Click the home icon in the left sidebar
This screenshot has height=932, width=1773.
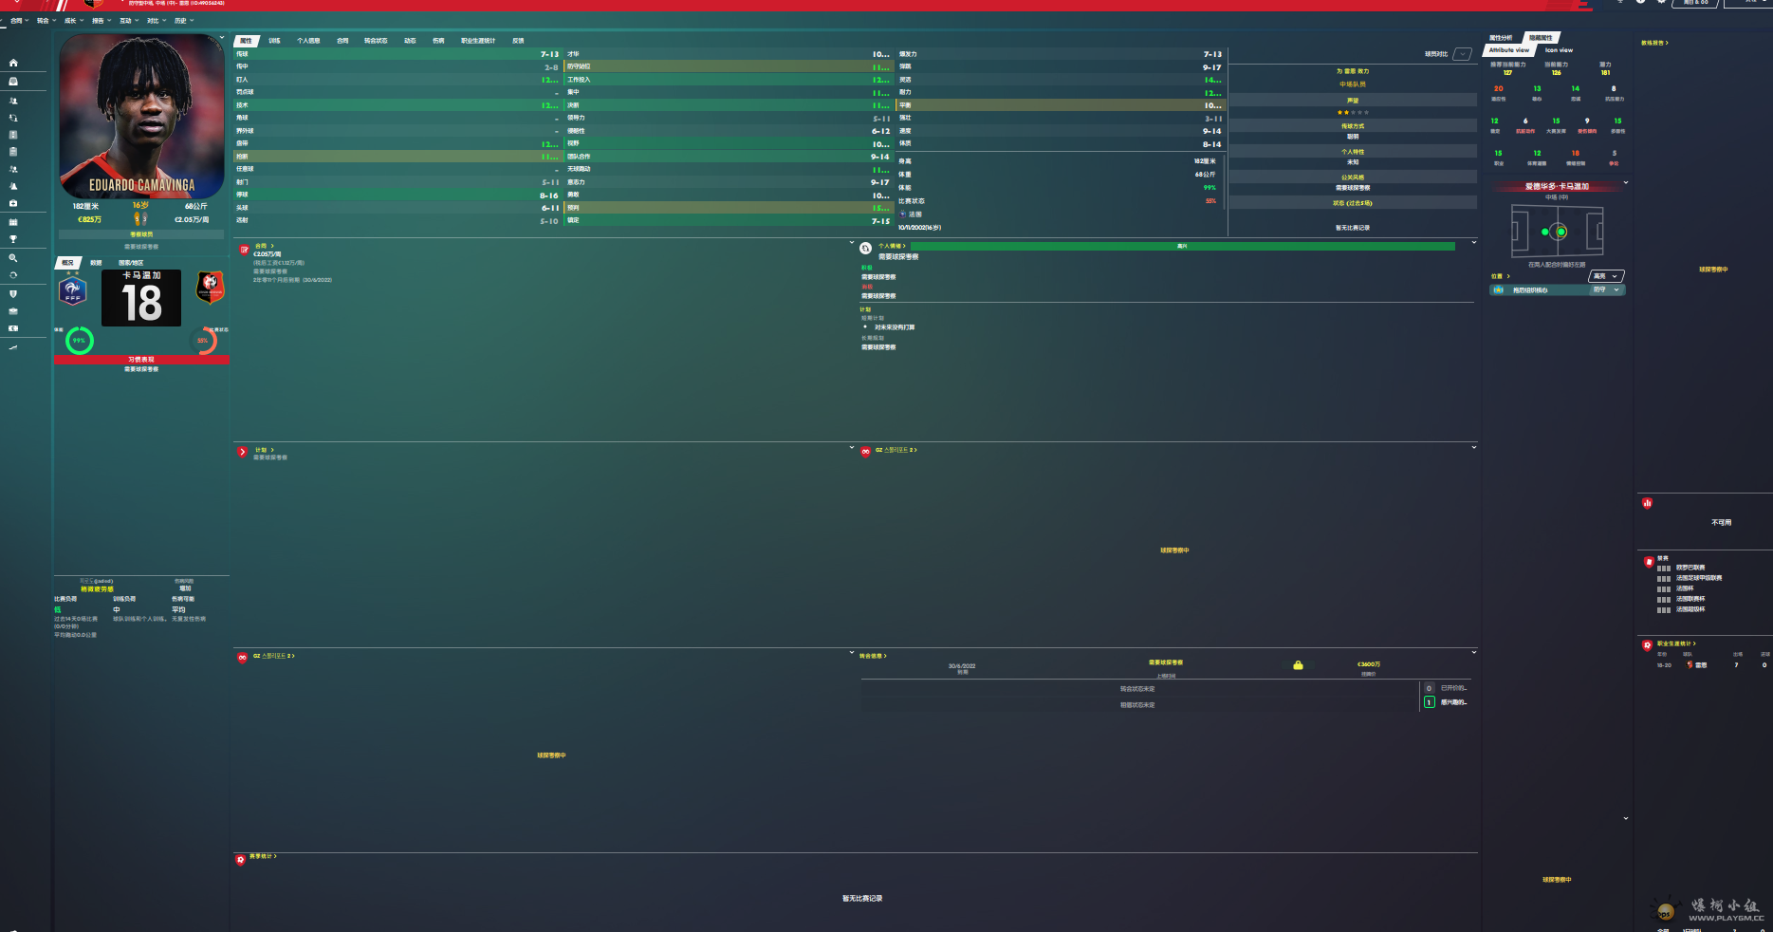[x=13, y=63]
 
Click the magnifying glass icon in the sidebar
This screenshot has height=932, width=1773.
[x=13, y=258]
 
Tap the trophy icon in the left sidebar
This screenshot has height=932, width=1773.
[x=13, y=239]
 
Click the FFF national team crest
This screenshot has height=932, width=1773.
[x=73, y=290]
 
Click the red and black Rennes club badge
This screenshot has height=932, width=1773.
[x=210, y=287]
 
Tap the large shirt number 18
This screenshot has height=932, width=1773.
[x=141, y=303]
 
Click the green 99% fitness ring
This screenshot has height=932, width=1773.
[x=80, y=340]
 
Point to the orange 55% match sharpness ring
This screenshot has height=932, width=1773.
[x=203, y=340]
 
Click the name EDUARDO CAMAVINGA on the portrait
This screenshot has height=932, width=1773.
[x=141, y=185]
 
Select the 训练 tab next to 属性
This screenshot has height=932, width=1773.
[x=274, y=41]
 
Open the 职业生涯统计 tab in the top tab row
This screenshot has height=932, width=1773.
[x=478, y=41]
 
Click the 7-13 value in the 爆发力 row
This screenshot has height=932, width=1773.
[x=1212, y=54]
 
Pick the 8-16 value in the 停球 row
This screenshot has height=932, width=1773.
[x=549, y=196]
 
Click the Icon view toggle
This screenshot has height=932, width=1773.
[x=1559, y=50]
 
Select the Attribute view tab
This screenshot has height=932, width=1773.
[x=1508, y=50]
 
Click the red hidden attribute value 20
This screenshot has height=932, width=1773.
[x=1499, y=88]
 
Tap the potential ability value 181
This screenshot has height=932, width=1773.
[x=1605, y=72]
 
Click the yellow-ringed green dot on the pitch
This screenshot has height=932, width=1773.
[x=1561, y=232]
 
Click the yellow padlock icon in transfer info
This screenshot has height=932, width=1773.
[x=1298, y=665]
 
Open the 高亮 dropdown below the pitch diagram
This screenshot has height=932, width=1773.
[x=1605, y=276]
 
